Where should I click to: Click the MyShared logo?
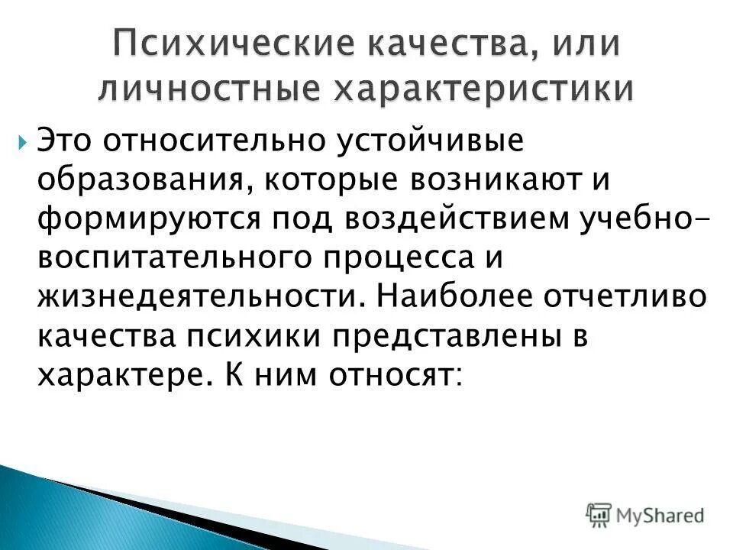[645, 514]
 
